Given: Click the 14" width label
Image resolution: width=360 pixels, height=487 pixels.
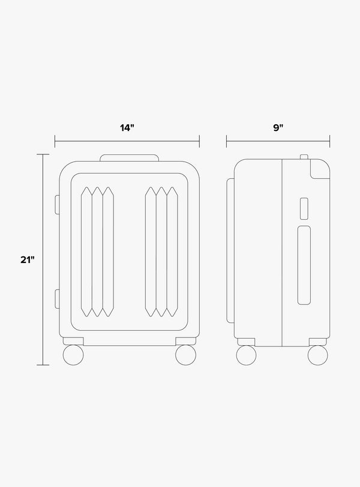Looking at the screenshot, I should coord(127,128).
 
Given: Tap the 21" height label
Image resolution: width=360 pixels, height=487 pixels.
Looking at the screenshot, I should coord(26,259).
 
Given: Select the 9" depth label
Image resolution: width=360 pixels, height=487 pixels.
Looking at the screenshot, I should coord(277,128).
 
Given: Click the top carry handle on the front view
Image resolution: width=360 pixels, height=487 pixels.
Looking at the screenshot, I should coord(129,158).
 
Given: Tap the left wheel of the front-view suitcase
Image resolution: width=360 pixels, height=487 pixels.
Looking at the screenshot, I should coord(74,354).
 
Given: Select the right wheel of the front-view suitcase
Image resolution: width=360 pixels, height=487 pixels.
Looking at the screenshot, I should coord(186,354).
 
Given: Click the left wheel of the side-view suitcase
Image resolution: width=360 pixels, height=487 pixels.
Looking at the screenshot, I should coord(247,354).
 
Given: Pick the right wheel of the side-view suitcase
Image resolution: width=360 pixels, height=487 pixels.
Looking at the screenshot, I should coord(318,354).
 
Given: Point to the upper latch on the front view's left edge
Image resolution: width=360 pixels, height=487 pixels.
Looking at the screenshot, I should coord(57,204).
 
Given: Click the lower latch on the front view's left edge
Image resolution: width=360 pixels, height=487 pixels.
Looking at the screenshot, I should coord(57,298).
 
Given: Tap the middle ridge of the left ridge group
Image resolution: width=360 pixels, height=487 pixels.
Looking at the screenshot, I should coord(97,252).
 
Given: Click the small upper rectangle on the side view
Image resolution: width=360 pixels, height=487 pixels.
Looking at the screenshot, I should coord(304,207).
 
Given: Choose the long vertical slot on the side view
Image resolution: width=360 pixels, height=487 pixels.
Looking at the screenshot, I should coord(305,265).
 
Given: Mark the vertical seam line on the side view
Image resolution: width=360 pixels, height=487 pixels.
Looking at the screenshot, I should coord(281,252).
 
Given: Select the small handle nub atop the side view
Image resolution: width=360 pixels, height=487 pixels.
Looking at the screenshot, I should coord(304,157).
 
